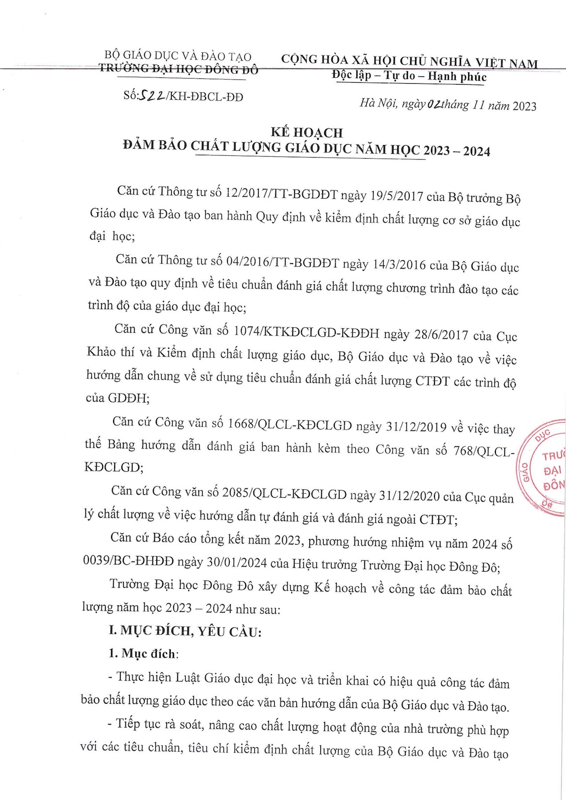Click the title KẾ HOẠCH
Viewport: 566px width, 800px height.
click(x=306, y=132)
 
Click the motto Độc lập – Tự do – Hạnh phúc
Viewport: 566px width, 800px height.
click(x=409, y=76)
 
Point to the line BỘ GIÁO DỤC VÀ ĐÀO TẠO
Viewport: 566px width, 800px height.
click(x=178, y=57)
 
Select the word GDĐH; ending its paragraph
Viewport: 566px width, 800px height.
click(x=118, y=398)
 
